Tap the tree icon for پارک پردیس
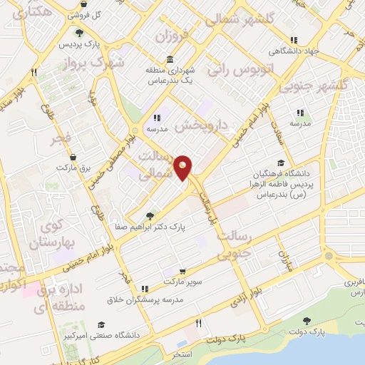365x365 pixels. pyautogui.click(x=78, y=32)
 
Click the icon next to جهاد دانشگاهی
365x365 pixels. pyautogui.click(x=293, y=40)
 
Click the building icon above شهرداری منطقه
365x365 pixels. pyautogui.click(x=170, y=59)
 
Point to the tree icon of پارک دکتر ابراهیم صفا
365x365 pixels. pyautogui.click(x=150, y=215)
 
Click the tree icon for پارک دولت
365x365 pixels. pyautogui.click(x=307, y=321)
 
